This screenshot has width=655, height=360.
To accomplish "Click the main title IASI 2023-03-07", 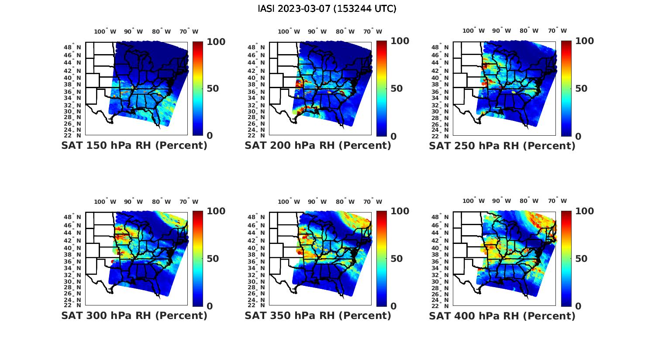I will click(327, 9).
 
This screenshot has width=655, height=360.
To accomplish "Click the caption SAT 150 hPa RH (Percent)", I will click(134, 145).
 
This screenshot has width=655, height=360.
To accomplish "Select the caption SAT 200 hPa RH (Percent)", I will click(318, 145).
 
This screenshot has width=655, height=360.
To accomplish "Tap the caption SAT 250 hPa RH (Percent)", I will click(502, 146).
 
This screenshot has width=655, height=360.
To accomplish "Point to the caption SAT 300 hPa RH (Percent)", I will click(134, 315).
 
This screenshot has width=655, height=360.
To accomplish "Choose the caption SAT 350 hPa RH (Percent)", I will click(318, 315).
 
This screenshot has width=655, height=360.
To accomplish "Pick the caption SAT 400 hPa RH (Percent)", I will click(502, 316).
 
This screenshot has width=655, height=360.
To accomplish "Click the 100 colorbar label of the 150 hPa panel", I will click(216, 41).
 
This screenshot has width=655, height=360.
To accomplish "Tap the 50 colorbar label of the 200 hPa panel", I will click(396, 89).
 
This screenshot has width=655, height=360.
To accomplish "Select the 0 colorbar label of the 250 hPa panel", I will click(578, 136).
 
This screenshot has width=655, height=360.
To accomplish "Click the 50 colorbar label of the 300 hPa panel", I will click(213, 259).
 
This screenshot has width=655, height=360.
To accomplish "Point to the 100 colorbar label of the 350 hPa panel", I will click(400, 211).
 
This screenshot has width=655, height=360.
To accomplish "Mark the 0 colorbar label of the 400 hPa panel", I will click(578, 306).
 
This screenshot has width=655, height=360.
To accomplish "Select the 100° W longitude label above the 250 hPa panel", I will click(473, 31).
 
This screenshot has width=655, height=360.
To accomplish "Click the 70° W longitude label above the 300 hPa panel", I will click(189, 202).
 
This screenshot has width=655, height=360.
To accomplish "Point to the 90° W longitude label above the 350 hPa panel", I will click(317, 202).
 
